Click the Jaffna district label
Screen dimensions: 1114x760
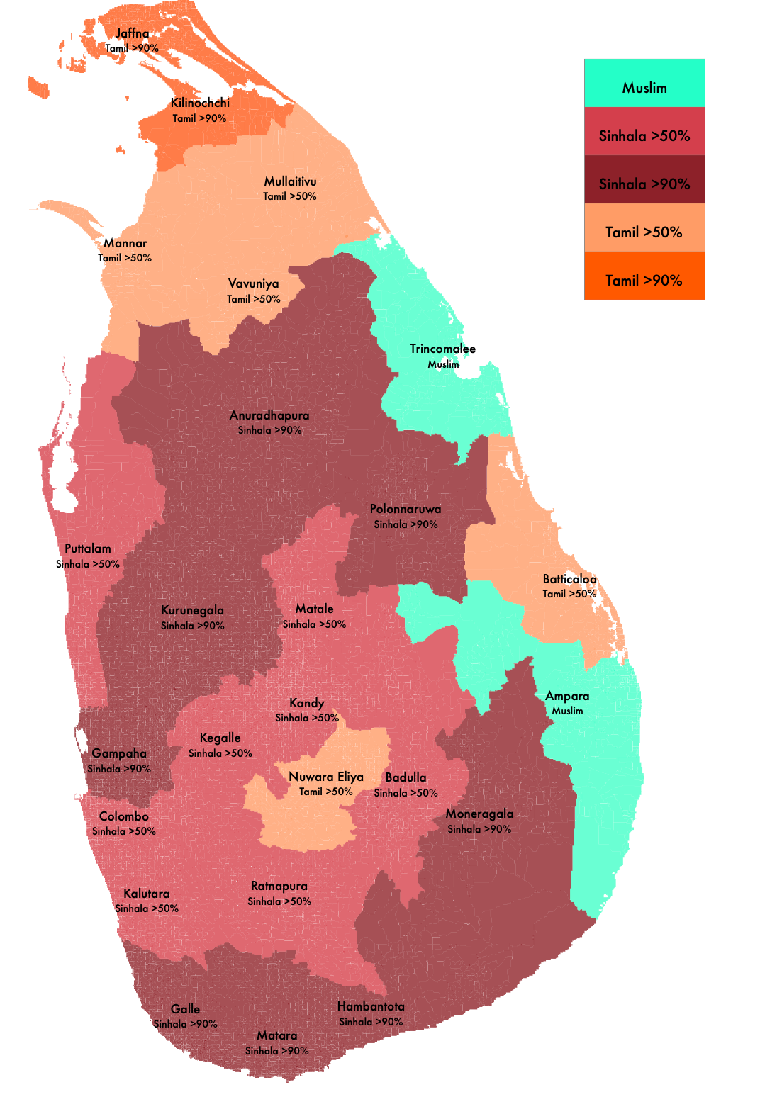(133, 33)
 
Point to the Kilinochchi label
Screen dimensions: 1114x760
(200, 103)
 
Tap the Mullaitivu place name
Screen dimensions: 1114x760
(290, 181)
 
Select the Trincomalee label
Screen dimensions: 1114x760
(442, 349)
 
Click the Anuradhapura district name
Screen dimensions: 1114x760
(269, 415)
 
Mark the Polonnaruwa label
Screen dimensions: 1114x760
(406, 509)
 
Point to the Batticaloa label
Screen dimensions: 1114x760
(569, 579)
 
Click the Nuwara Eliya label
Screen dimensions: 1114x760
(326, 777)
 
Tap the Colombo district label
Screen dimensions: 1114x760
(123, 816)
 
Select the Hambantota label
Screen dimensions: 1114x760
(371, 1006)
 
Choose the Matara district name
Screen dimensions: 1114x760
(276, 1035)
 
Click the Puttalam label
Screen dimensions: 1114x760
(88, 548)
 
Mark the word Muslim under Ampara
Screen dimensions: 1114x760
(567, 711)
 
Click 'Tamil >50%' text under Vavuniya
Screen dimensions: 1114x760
(253, 299)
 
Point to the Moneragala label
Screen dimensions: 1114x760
(479, 814)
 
